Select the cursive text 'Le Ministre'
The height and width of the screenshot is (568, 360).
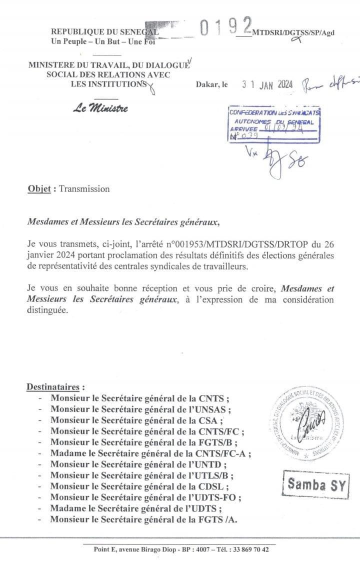100,108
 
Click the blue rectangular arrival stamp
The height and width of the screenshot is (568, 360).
274,125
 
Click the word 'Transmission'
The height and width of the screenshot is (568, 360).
84,189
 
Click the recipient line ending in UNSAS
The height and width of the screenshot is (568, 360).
140,409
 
